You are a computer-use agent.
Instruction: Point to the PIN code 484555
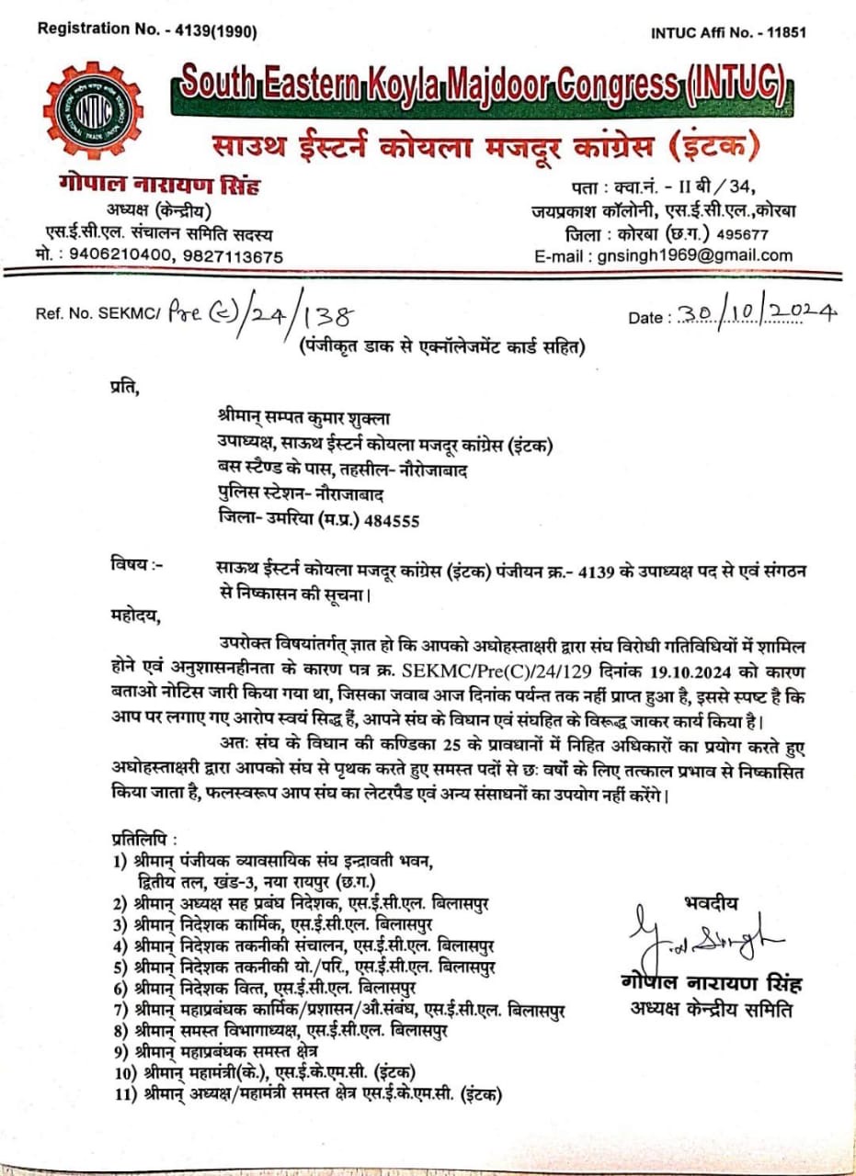393,520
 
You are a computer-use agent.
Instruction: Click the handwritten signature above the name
704,939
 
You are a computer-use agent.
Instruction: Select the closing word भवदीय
711,902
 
